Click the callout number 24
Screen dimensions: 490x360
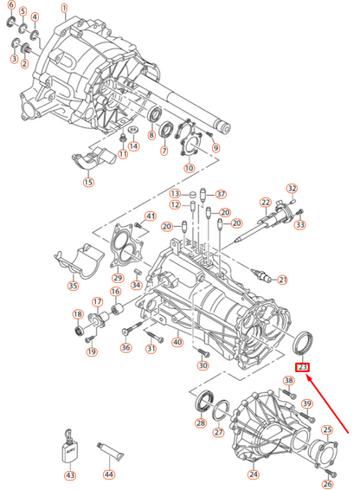tap(254, 474)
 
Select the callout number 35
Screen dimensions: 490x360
tap(73, 286)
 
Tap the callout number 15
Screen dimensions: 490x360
tap(88, 183)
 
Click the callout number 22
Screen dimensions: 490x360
tap(266, 202)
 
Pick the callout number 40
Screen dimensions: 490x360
tap(177, 341)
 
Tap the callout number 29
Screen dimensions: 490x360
tap(119, 277)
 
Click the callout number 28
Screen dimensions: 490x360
tap(201, 423)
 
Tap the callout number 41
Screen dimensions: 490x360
tap(150, 216)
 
